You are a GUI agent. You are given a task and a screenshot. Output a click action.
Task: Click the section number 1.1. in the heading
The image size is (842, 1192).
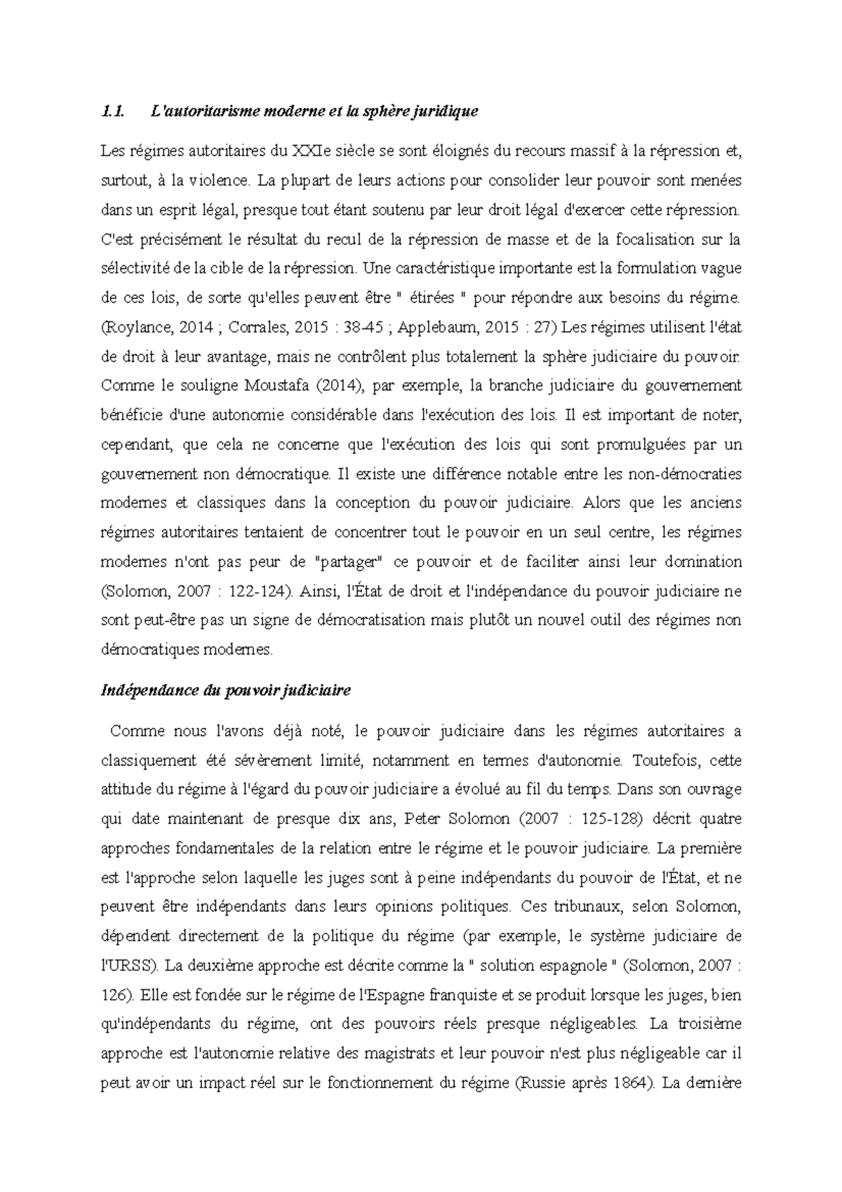(112, 110)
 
